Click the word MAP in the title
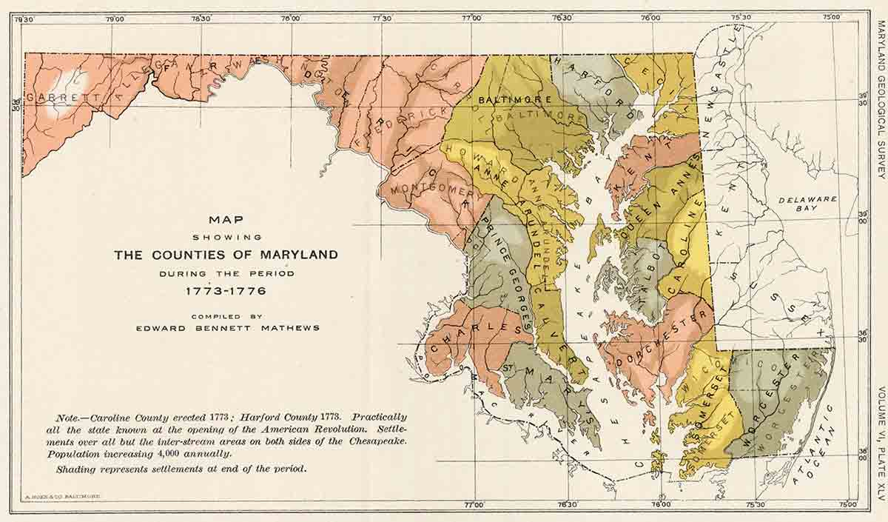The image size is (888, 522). tap(226, 219)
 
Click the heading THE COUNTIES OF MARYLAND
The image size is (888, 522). tap(226, 255)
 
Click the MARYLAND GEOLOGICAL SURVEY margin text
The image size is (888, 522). tap(880, 99)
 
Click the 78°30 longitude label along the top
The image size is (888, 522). tap(202, 19)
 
